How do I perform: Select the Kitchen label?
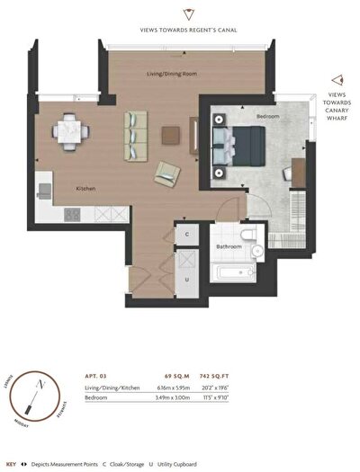pos(86,187)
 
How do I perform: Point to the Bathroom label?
pos(227,245)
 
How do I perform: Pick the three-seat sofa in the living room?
pos(135,133)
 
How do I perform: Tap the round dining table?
pos(69,132)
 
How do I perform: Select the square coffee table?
pos(172,134)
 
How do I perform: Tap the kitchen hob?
pos(72,214)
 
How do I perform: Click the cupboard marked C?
pos(186,234)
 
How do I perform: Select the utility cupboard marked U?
pos(186,279)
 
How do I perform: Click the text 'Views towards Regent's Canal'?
pos(187,30)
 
